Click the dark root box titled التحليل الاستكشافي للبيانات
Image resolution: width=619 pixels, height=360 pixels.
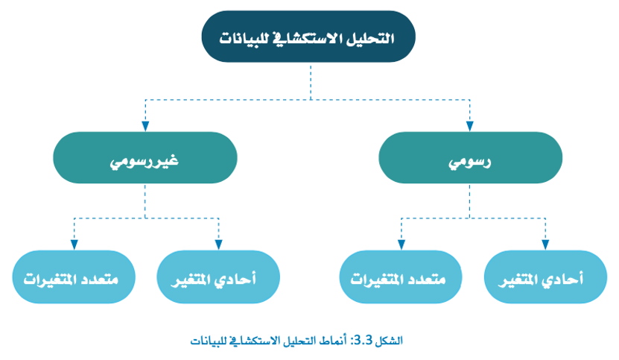tap(308, 37)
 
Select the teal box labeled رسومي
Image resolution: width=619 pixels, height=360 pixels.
tap(470, 158)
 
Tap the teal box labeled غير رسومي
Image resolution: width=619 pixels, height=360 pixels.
tap(145, 158)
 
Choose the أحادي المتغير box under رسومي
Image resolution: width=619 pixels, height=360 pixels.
tap(545, 277)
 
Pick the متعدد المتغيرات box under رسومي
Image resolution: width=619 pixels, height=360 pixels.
tap(401, 277)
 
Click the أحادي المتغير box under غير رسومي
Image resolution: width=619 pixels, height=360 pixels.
tap(218, 277)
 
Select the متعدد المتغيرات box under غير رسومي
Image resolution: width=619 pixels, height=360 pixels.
tap(74, 277)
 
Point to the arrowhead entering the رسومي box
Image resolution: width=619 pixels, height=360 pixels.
tap(470, 126)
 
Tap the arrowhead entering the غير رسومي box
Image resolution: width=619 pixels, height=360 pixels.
tap(145, 126)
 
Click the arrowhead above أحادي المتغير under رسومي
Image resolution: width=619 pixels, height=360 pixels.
tap(545, 244)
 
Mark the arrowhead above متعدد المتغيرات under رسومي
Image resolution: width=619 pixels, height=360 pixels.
tap(401, 244)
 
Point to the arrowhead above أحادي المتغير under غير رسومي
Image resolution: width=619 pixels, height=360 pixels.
tap(218, 244)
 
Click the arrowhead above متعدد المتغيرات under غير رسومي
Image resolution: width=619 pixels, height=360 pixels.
tap(74, 244)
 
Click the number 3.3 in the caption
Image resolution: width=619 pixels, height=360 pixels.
tap(364, 340)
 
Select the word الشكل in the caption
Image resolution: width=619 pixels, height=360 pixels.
tap(390, 340)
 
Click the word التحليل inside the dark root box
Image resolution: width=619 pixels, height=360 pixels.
tap(370, 38)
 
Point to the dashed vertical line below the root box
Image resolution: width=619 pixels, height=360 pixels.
tap(311, 81)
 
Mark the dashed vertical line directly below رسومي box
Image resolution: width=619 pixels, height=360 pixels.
tap(470, 200)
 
